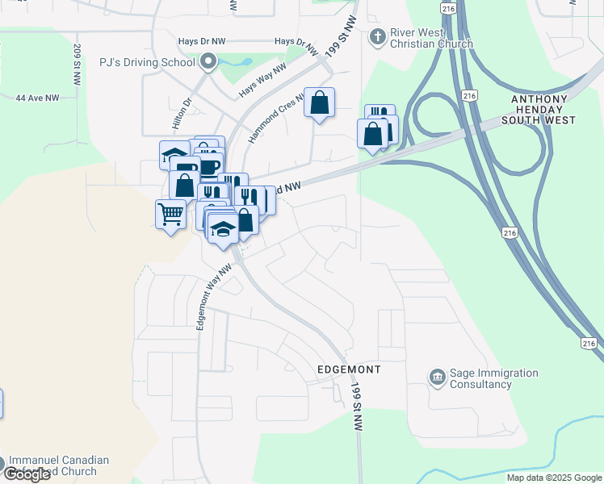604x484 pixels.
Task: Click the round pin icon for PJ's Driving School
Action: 208,61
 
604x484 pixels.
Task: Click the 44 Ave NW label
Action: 37,98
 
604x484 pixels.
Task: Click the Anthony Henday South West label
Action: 543,110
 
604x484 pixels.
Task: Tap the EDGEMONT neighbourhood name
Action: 348,369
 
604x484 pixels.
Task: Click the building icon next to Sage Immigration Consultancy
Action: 437,378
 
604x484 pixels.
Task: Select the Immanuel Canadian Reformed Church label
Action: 58,465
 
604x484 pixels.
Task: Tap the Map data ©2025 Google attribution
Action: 554,478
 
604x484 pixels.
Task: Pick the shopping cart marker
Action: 170,215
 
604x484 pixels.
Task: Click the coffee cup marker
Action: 209,167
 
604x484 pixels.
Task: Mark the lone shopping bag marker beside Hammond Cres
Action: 320,103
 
